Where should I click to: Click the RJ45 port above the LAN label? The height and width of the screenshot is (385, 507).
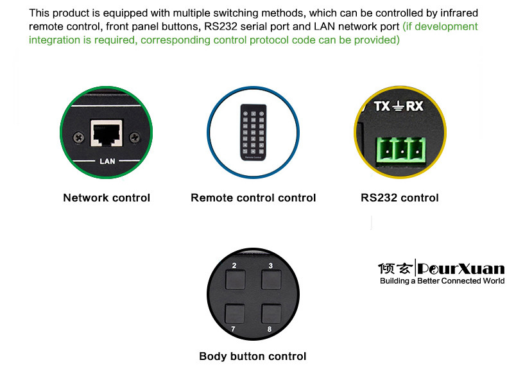click(x=107, y=133)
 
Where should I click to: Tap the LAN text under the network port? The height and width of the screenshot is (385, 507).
click(x=107, y=161)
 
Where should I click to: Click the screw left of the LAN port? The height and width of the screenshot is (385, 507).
click(x=78, y=137)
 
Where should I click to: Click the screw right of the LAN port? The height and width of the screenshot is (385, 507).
click(x=135, y=137)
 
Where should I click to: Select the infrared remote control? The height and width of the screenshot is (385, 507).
click(x=253, y=132)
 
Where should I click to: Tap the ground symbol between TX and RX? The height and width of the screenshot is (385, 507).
click(x=399, y=107)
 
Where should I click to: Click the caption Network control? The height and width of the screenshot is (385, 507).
click(x=107, y=198)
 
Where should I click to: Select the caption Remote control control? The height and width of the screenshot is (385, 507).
click(x=253, y=198)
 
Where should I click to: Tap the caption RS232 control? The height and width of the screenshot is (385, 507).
click(x=400, y=198)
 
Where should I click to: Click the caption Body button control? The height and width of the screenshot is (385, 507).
click(x=253, y=356)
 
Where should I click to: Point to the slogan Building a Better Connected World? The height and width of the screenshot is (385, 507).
click(x=442, y=281)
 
